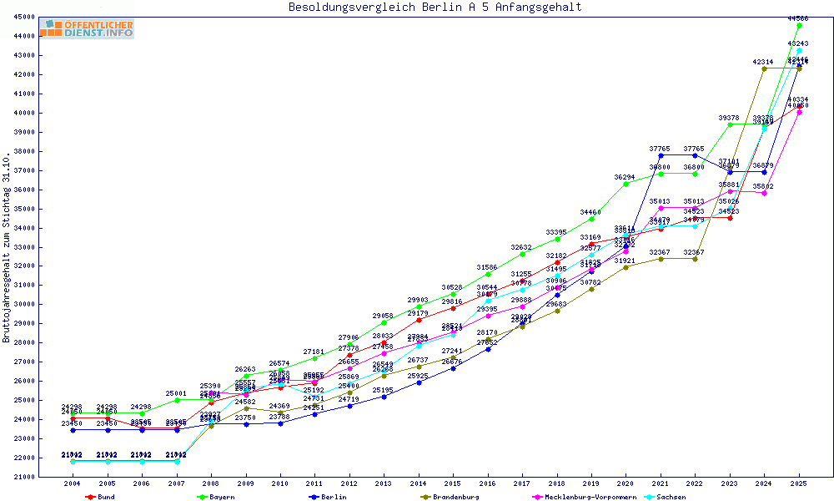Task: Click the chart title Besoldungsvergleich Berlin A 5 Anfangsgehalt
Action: (x=435, y=8)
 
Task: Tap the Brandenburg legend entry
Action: (x=455, y=497)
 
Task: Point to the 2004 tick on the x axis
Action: (x=73, y=483)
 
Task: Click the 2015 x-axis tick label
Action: (x=453, y=483)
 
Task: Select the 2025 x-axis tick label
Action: (x=799, y=483)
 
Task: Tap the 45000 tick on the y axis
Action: (x=24, y=17)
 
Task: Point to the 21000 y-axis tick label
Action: (x=24, y=477)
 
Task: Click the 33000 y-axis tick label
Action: (x=24, y=247)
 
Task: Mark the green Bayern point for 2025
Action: (x=799, y=25)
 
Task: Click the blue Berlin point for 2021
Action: (x=661, y=155)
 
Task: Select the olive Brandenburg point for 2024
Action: (x=764, y=68)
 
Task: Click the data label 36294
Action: (x=625, y=177)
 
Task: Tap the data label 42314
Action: (x=763, y=62)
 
